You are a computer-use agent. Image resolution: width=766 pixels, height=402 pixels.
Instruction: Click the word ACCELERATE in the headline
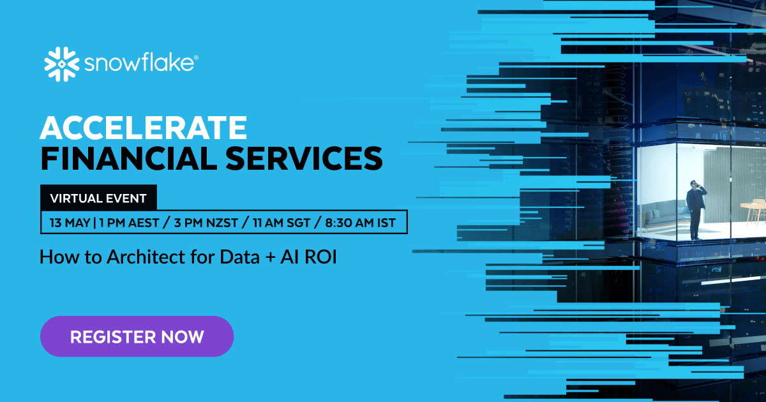tap(143, 128)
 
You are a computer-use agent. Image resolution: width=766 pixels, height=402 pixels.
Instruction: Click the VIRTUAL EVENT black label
tap(98, 198)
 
